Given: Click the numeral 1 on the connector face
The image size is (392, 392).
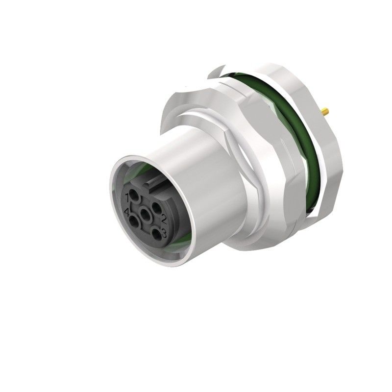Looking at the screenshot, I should (129, 197).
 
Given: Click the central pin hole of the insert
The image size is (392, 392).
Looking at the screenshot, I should (146, 215).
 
